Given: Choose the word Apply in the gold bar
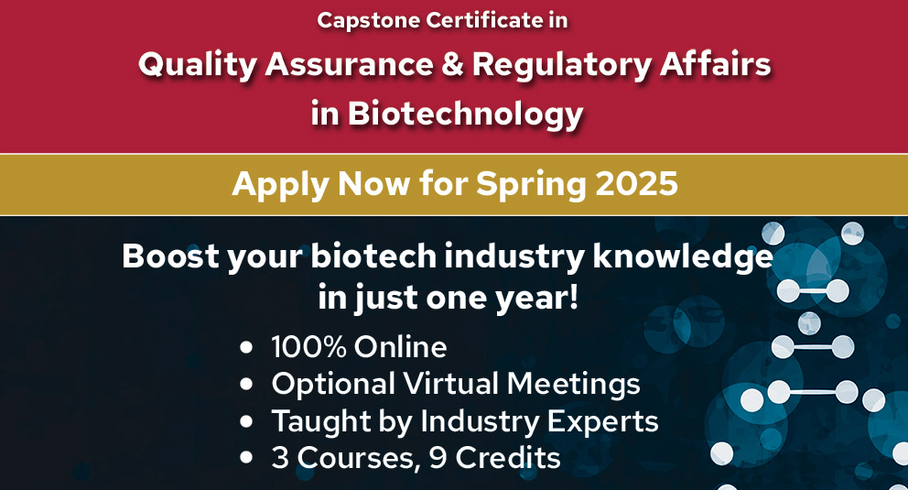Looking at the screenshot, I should (278, 183).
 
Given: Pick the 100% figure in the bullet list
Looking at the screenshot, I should (308, 347).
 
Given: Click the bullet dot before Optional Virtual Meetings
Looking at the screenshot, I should (245, 385).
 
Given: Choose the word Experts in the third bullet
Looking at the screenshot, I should (605, 421).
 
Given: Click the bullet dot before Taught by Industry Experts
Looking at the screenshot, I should (245, 422).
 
